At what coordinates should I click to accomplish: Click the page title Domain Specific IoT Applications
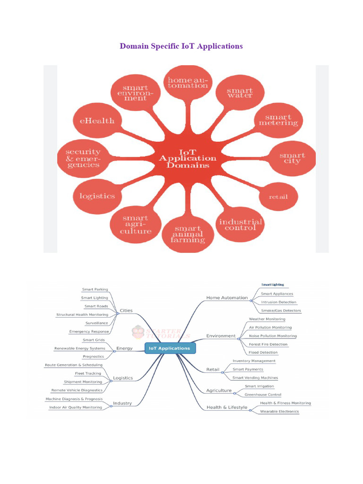pos(181,46)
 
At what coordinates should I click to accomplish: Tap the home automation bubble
pos(188,83)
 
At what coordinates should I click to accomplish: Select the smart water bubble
pos(240,93)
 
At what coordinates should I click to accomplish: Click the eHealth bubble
pos(97,121)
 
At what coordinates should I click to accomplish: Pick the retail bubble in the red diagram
pos(278,196)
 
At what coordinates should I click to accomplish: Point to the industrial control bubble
pos(241,224)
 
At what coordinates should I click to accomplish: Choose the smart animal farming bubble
pos(188,234)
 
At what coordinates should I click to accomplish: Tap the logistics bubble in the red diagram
pos(97,196)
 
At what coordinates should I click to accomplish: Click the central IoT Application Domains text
pos(188,159)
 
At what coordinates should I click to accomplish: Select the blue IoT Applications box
pos(169,348)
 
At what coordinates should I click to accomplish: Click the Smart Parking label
pos(95,289)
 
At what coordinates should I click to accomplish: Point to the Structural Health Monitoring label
pos(82,314)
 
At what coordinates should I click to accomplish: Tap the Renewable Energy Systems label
pos(79,348)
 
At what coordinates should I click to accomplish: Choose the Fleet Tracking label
pos(88,373)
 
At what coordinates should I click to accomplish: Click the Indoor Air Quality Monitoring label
pos(76,407)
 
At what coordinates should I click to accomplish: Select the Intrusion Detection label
pos(278,302)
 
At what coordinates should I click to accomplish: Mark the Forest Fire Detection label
pos(268,344)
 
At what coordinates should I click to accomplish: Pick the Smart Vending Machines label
pos(255,378)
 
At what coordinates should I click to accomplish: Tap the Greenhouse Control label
pos(263,395)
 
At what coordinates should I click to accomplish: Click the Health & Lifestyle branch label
pos(227,407)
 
